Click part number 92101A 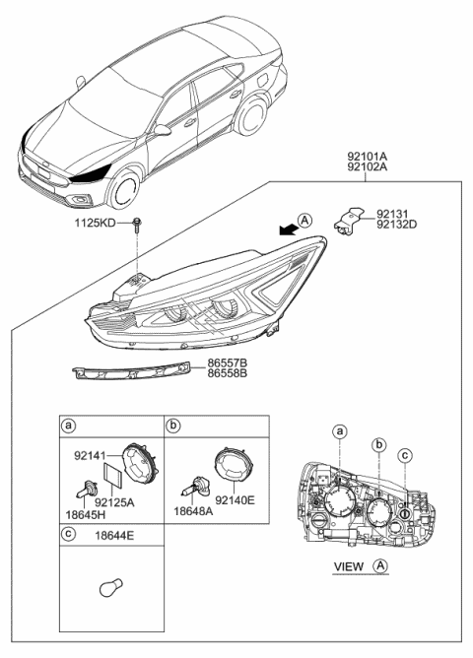point(367,155)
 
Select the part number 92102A point(367,167)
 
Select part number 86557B point(228,362)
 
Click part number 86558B point(228,375)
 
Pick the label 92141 point(91,456)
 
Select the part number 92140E point(235,501)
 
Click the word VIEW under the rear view point(349,567)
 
